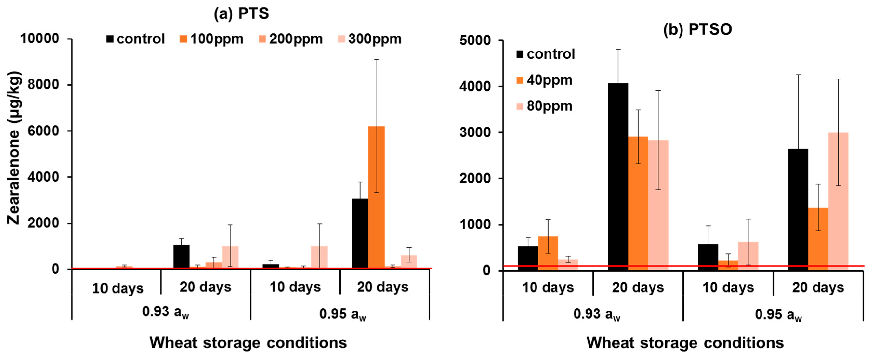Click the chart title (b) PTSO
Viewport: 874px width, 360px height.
698,30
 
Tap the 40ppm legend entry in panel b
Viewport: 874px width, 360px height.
544,80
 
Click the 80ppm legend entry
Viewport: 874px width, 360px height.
544,106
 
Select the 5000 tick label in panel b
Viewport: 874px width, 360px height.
475,40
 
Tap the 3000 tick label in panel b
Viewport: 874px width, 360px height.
475,132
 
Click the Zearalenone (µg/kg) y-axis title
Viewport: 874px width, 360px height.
14,148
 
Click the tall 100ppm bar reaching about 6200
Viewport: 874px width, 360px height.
377,197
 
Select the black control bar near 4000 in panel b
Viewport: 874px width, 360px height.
618,177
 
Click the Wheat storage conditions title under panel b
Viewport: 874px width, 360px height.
685,343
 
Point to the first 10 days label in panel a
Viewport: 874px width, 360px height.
118,288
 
